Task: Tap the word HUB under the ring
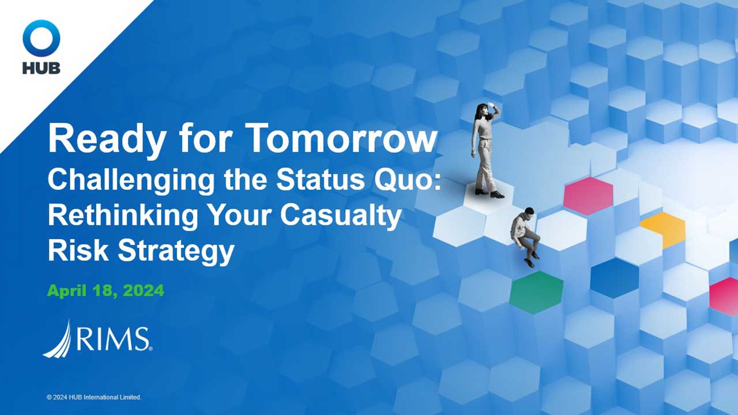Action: [42, 67]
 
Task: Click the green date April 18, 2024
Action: [106, 291]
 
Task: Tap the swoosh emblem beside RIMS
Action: [58, 338]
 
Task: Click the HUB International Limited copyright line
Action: [94, 397]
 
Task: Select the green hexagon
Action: [536, 292]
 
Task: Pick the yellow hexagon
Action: [664, 228]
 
